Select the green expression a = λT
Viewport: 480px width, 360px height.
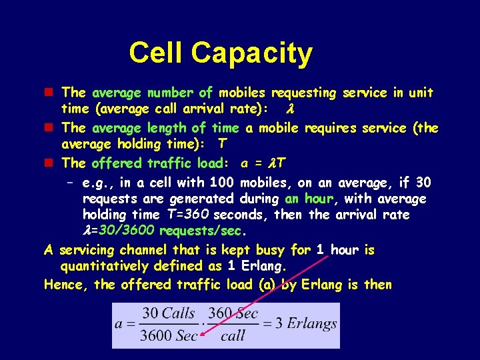point(263,163)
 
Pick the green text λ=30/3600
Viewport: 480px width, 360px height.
point(119,231)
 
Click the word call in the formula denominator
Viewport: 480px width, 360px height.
point(233,335)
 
